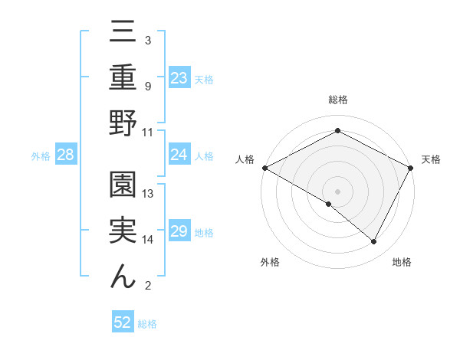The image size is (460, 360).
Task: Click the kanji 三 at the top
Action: [123, 31]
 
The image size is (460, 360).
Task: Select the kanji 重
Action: [123, 77]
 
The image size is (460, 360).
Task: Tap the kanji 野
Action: [123, 123]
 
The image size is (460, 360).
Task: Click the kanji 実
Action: [123, 231]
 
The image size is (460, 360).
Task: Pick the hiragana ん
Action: [123, 277]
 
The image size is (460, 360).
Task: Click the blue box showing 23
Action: [179, 77]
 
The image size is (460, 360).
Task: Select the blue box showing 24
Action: [179, 155]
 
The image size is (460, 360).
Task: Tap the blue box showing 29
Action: [179, 231]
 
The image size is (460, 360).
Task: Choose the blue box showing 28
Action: [65, 155]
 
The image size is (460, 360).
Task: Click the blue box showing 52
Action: [122, 322]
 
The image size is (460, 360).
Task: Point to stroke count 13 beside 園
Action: [149, 194]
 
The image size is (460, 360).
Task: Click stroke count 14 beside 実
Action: [149, 240]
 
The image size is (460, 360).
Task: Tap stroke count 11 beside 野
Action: [149, 132]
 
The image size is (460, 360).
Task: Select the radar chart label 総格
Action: [337, 100]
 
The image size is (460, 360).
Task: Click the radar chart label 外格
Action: [270, 262]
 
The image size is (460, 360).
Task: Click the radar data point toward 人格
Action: [264, 168]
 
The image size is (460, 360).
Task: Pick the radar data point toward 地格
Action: [374, 241]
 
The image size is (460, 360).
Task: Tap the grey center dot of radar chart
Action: [337, 191]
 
